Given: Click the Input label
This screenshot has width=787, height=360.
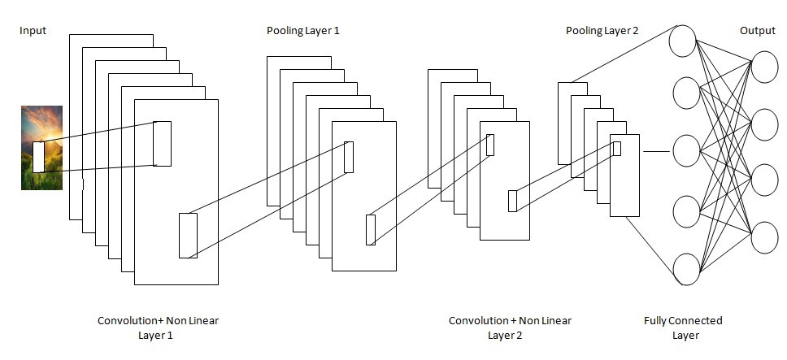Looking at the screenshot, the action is (x=33, y=31).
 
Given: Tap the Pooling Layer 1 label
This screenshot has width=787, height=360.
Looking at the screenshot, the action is (x=303, y=31).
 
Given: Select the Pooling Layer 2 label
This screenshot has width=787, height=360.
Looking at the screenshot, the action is (x=602, y=31).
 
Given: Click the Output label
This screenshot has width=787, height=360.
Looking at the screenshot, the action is (x=758, y=31).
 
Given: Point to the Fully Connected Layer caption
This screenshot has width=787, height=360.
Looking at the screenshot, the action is (x=683, y=327).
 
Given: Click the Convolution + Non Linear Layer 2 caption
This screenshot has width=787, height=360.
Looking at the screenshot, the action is (x=510, y=327).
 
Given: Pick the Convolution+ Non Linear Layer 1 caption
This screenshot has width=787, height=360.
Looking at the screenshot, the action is (x=158, y=327).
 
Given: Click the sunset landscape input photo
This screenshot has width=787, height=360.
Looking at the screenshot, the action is (x=41, y=148).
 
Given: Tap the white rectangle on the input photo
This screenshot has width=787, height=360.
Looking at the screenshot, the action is (x=39, y=157).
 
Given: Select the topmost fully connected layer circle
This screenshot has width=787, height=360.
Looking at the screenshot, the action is (x=683, y=41).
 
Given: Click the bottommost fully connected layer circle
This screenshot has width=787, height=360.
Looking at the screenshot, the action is (x=686, y=269).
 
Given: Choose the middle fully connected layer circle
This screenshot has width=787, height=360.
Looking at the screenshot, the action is (x=686, y=151).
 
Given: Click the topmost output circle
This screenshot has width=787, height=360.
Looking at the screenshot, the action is (x=764, y=67).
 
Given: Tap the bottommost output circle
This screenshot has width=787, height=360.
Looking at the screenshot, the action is (x=764, y=237).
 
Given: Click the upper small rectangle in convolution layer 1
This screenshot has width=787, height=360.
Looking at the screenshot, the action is (x=162, y=143).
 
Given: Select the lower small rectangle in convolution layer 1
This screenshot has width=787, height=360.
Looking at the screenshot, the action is (x=189, y=236).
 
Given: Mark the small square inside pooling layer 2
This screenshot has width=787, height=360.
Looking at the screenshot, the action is (x=617, y=149).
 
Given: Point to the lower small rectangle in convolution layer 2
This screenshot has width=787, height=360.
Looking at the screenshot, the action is (x=512, y=201).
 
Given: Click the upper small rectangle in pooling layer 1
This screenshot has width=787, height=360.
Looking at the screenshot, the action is (x=349, y=157).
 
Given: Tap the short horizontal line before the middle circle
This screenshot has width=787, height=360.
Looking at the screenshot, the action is (x=656, y=151).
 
